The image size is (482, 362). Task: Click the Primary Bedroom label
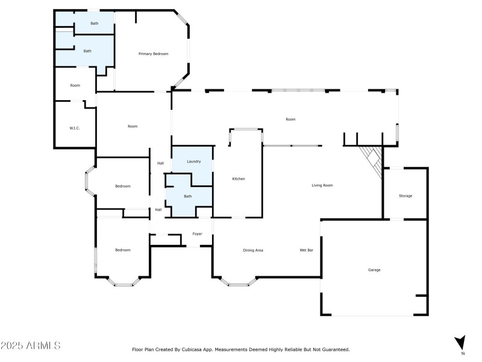[154, 54]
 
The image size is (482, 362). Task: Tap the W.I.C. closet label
[75, 128]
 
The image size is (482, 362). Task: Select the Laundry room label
[193, 162]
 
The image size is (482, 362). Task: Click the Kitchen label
[239, 179]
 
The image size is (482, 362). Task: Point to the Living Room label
[322, 185]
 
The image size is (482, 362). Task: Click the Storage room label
[405, 195]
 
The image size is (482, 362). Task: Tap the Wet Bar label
[306, 250]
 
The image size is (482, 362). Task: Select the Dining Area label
[253, 250]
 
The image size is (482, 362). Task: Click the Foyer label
[197, 233]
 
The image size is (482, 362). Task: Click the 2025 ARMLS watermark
[31, 346]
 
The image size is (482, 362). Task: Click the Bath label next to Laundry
[187, 196]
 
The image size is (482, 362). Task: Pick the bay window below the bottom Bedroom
[123, 281]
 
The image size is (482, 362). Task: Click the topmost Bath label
[95, 24]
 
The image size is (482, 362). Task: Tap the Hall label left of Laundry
[160, 163]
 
